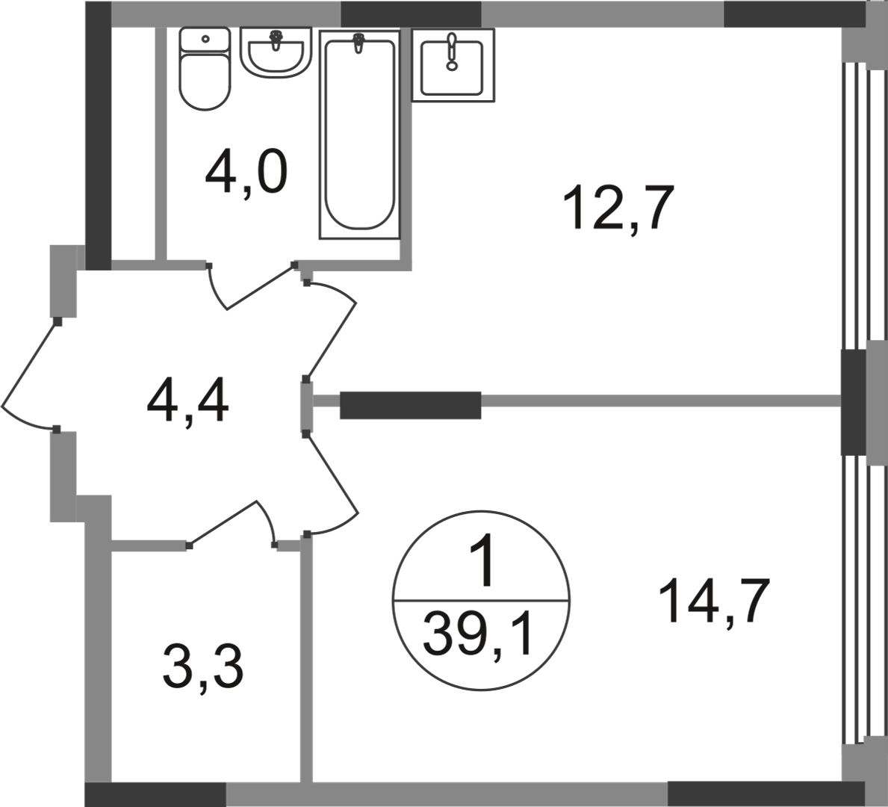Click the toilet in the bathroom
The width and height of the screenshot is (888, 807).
(205, 69)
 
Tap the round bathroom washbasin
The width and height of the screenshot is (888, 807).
(276, 52)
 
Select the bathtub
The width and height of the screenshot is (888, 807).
(359, 134)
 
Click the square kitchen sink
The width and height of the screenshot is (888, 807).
(453, 65)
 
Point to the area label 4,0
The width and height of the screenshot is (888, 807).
(246, 173)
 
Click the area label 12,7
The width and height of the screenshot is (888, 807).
(618, 207)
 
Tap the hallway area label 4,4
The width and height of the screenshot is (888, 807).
(187, 402)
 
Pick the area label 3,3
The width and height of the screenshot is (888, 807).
(202, 667)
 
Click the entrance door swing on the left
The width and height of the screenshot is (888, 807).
(28, 375)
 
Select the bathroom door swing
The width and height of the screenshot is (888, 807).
(252, 286)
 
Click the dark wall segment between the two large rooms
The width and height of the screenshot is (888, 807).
(411, 405)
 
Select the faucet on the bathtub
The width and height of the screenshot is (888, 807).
(358, 43)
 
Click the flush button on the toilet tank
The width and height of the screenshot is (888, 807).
(205, 39)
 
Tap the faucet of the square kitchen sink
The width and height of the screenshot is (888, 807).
(451, 52)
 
